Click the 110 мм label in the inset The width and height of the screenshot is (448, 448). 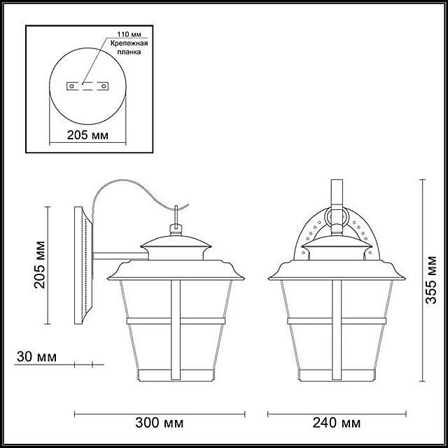pyautogui.click(x=129, y=34)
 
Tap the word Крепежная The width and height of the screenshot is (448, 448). pyautogui.click(x=129, y=43)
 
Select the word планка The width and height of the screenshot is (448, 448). pyautogui.click(x=129, y=52)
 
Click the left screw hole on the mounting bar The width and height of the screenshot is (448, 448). pyautogui.click(x=71, y=86)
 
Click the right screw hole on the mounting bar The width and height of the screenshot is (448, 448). pyautogui.click(x=104, y=86)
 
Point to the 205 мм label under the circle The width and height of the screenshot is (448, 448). pyautogui.click(x=87, y=135)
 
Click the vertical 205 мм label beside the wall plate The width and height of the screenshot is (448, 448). pyautogui.click(x=39, y=265)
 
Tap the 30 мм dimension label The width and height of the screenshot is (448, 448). pyautogui.click(x=36, y=357)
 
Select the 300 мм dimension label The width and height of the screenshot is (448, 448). pyautogui.click(x=160, y=423)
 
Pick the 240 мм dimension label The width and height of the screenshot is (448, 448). pyautogui.click(x=337, y=423)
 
